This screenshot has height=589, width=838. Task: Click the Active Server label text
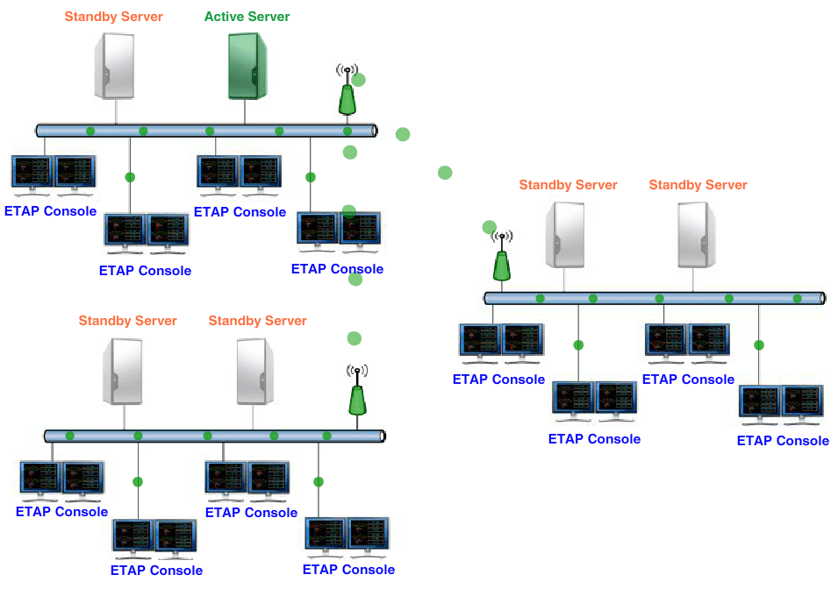pyautogui.click(x=247, y=17)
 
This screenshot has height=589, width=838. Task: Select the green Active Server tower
pyautogui.click(x=247, y=66)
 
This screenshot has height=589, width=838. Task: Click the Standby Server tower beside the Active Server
pyautogui.click(x=115, y=66)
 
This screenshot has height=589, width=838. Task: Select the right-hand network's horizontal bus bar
pyautogui.click(x=654, y=298)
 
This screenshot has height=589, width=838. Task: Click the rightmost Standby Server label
pyautogui.click(x=698, y=185)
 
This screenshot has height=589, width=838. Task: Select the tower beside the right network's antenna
pyautogui.click(x=564, y=235)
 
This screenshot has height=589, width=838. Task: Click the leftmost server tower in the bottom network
pyautogui.click(x=123, y=372)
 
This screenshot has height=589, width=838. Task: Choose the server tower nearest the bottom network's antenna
pyautogui.click(x=255, y=372)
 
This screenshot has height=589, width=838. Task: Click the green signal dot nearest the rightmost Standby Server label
pyautogui.click(x=729, y=299)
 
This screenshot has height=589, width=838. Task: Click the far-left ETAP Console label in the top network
pyautogui.click(x=50, y=211)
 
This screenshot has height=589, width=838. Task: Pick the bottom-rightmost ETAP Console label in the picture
pyautogui.click(x=783, y=441)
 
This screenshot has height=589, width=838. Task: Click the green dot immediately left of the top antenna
pyautogui.click(x=279, y=131)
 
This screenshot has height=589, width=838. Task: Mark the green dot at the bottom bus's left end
pyautogui.click(x=69, y=436)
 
